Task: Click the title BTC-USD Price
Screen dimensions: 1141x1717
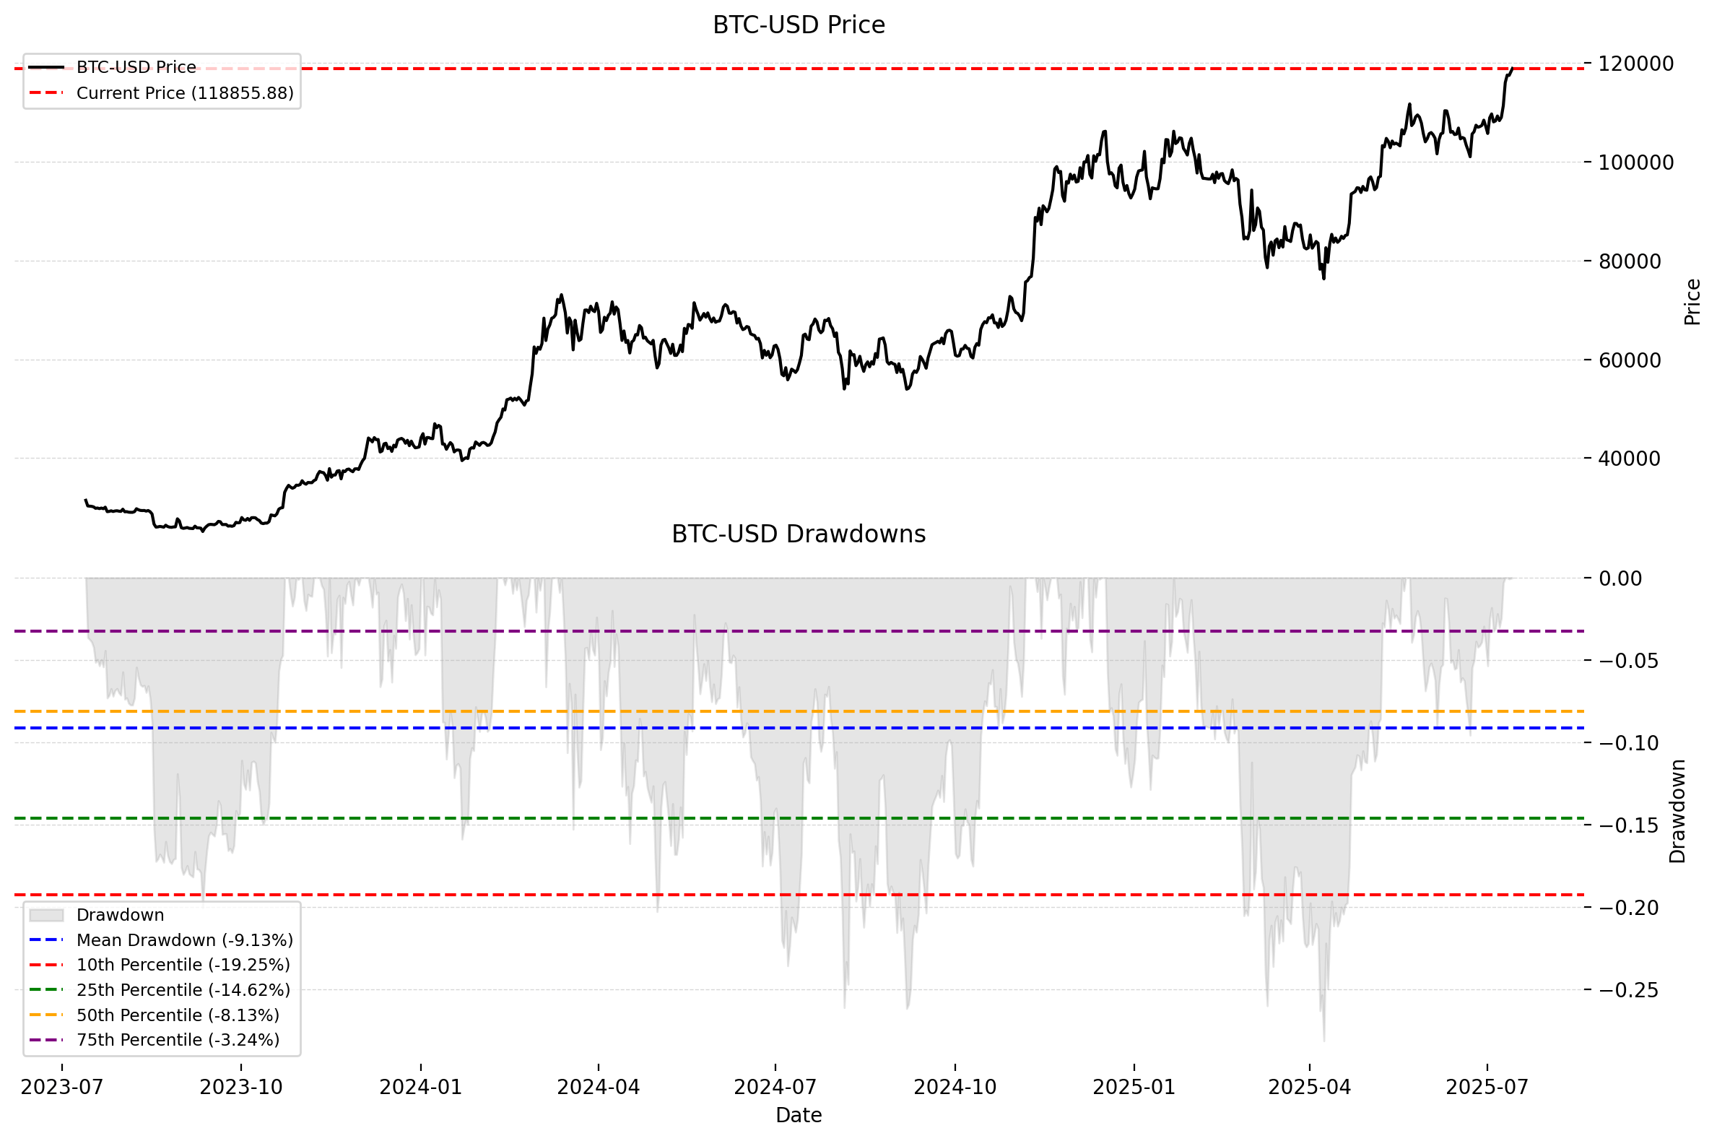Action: point(798,25)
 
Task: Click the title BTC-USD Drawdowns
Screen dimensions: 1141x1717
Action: point(798,534)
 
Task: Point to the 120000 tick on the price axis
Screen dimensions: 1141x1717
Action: point(1635,64)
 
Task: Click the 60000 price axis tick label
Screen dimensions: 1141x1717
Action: point(1629,360)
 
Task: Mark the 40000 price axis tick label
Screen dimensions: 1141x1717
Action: point(1629,459)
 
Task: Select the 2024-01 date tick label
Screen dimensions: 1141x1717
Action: point(420,1087)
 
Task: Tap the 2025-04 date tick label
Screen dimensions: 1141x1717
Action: point(1310,1087)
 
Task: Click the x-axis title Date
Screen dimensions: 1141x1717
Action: point(798,1115)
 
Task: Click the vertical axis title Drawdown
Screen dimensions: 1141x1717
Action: point(1677,812)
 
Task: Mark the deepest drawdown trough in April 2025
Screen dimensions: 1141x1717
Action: point(1323,1041)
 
